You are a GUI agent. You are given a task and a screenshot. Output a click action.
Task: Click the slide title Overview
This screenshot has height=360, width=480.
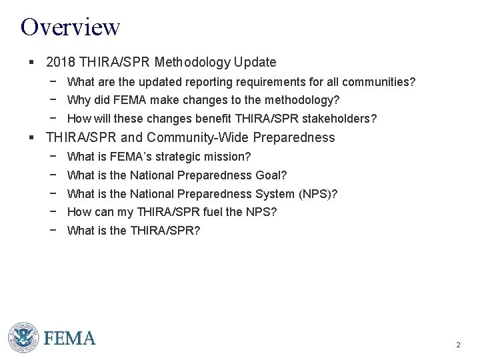tap(70, 27)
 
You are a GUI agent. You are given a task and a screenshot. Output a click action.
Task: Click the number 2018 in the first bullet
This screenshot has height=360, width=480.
tap(61, 63)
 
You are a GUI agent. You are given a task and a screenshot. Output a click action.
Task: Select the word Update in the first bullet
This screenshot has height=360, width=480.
tap(255, 63)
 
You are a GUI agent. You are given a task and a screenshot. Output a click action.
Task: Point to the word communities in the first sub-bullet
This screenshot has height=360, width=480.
tap(379, 83)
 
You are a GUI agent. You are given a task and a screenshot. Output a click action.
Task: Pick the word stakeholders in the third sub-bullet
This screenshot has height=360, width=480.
tap(343, 119)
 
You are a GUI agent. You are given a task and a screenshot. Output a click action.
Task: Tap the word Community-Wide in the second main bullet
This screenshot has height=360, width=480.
tap(189, 138)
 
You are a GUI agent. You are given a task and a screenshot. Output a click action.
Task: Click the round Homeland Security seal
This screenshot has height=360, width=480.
tap(23, 338)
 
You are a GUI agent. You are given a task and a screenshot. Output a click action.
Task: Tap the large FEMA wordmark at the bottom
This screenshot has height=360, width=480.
tap(70, 339)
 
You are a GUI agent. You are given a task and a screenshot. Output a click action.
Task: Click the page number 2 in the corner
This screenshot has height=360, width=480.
tap(458, 345)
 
